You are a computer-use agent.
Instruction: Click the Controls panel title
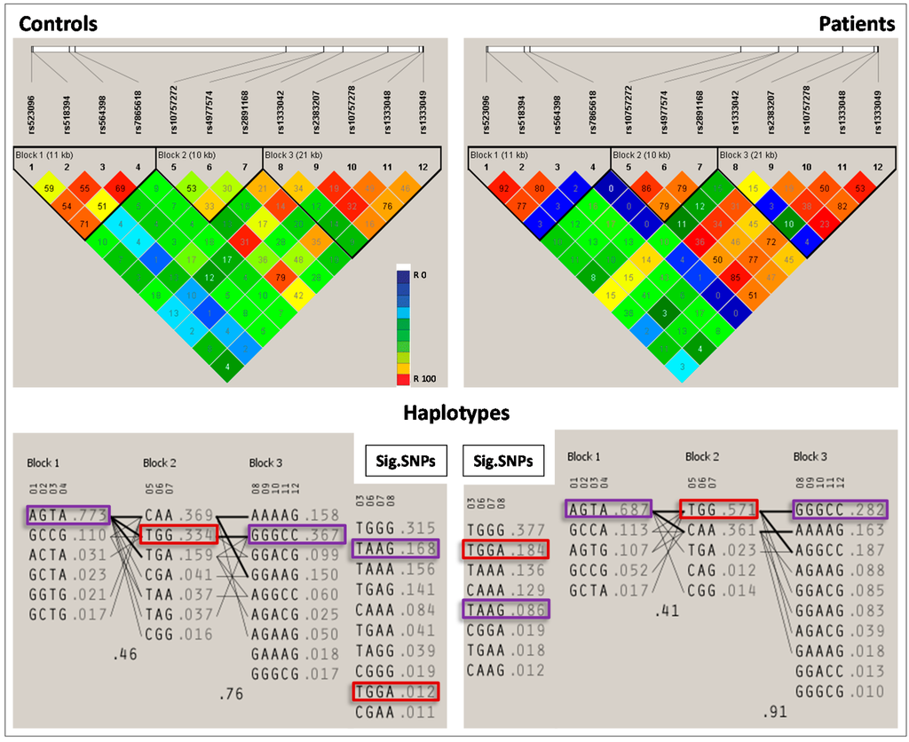click(x=59, y=24)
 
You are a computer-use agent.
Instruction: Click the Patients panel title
click(x=857, y=24)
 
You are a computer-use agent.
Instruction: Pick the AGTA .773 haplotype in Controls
click(x=67, y=515)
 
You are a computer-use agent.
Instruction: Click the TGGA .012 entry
click(x=395, y=693)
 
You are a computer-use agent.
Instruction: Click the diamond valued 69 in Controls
click(x=120, y=188)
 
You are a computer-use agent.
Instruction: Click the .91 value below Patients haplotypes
click(x=775, y=711)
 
